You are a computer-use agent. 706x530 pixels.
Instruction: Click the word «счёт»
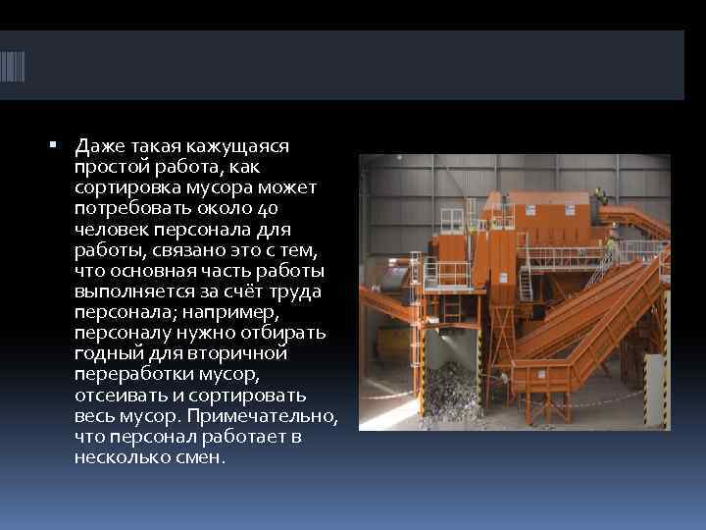tap(245, 291)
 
